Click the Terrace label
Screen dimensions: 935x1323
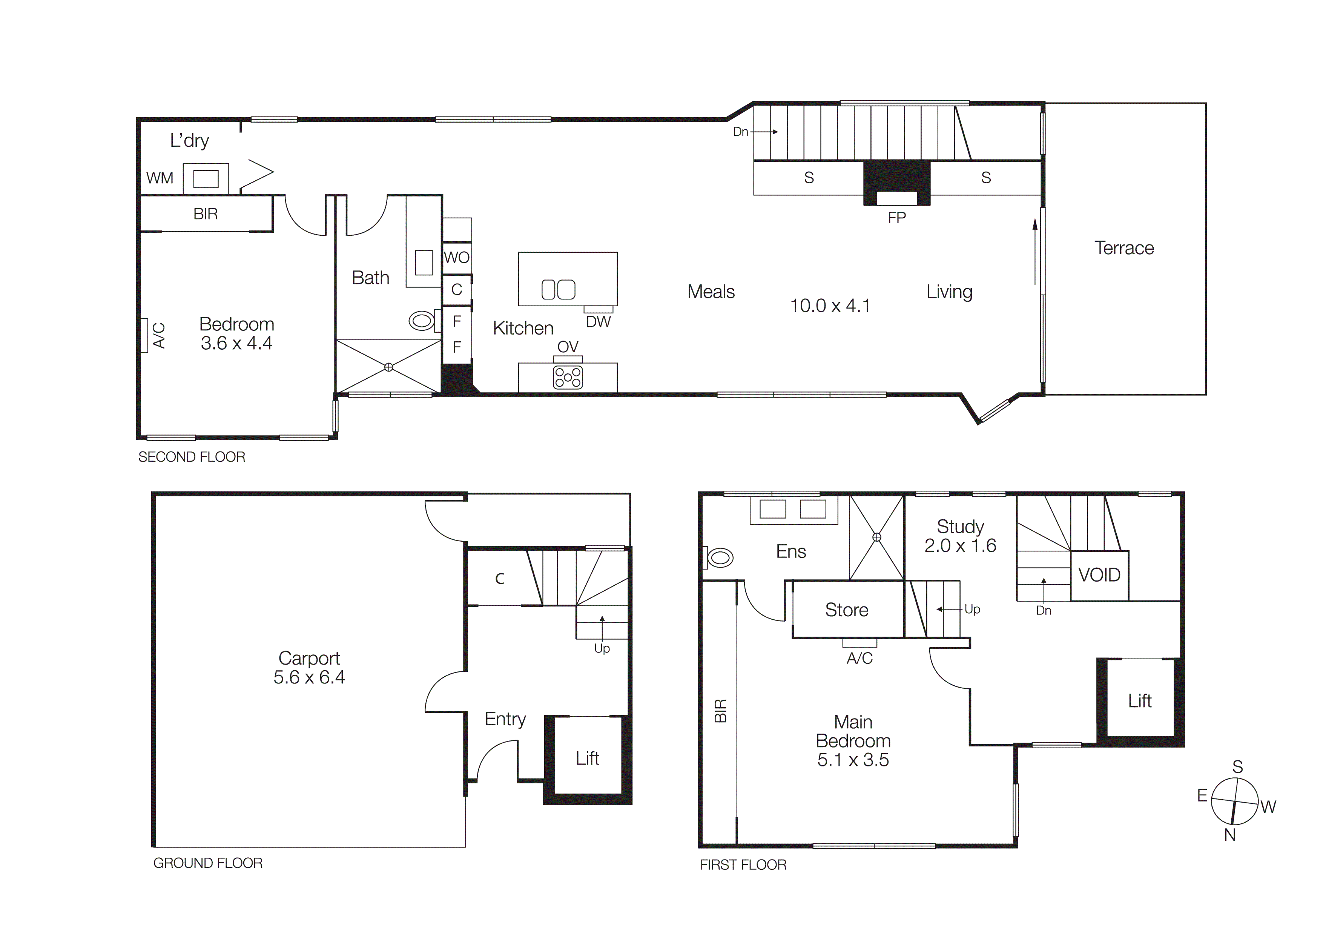tap(1123, 248)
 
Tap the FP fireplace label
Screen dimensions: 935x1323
tap(896, 218)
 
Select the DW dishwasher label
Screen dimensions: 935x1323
tap(598, 322)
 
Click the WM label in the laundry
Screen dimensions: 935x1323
tap(160, 178)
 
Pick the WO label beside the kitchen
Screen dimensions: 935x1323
tap(456, 258)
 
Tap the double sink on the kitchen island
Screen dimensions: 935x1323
tap(558, 289)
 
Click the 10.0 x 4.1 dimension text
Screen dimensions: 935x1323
tap(830, 306)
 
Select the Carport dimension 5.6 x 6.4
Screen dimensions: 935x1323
tap(309, 677)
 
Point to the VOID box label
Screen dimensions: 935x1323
tap(1099, 574)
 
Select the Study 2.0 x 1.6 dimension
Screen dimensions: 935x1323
tap(960, 545)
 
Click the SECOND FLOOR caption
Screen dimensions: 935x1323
tap(191, 457)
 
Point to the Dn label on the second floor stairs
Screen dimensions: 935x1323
tap(740, 132)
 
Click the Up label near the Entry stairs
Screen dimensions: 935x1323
tap(602, 649)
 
